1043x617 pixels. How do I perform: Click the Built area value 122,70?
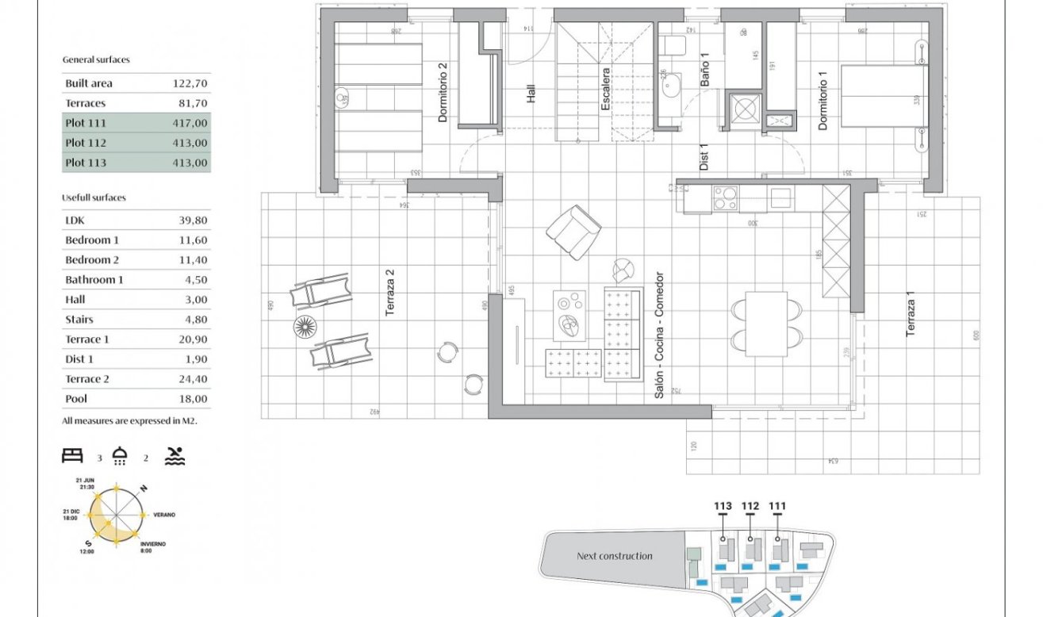190,83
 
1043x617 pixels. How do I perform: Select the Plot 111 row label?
86,123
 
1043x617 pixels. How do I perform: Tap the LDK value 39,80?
193,220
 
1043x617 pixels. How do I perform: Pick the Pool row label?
76,399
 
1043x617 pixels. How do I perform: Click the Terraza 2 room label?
389,293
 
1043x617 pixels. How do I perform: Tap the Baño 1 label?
704,70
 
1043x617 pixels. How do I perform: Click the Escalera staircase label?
605,89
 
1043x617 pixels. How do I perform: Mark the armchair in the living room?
573,232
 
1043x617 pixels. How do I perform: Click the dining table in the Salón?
766,324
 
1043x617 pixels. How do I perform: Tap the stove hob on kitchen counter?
725,197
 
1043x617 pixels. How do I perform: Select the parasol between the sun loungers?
305,326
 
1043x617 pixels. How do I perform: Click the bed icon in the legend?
73,455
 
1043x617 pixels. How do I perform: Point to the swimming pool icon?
175,456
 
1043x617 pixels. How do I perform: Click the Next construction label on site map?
614,556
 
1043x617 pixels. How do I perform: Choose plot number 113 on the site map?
722,506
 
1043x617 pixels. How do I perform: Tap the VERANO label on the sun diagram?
164,515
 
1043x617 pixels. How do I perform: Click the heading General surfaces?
96,59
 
